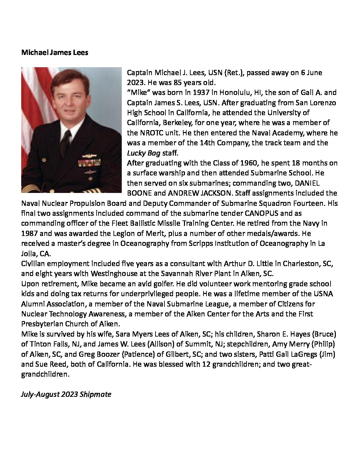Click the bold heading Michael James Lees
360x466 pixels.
55,53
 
